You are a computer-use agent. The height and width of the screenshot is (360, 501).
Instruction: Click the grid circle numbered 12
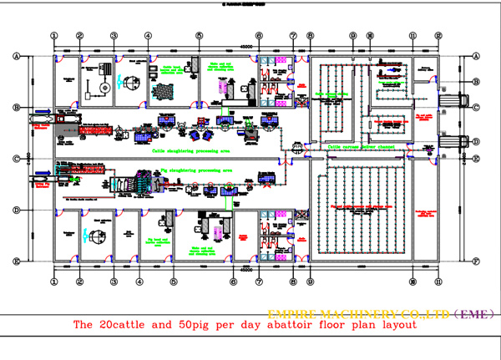(x=438, y=36)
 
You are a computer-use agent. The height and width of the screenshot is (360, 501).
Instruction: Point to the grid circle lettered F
(x=474, y=261)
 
